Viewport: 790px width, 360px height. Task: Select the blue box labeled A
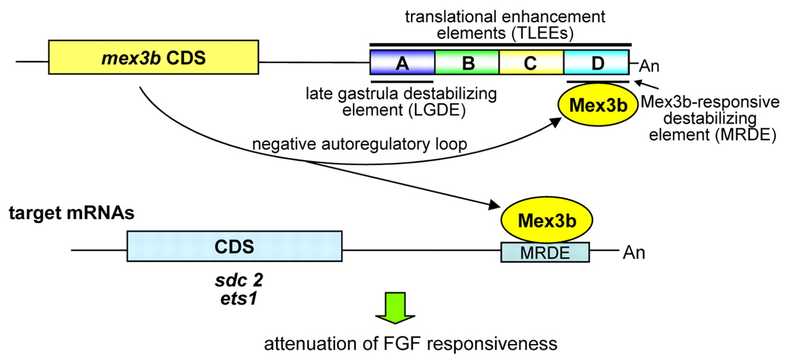click(x=402, y=63)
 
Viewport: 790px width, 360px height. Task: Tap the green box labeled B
click(x=467, y=63)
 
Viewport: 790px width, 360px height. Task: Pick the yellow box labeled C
click(x=531, y=63)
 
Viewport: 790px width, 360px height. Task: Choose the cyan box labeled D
click(x=596, y=63)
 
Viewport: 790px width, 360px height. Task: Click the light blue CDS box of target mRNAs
click(x=235, y=246)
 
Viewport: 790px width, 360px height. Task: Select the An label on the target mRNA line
click(x=634, y=252)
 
